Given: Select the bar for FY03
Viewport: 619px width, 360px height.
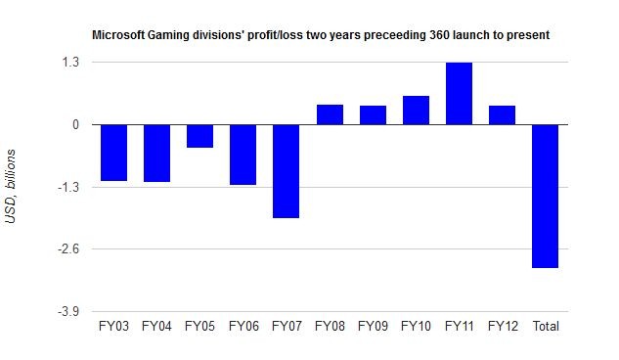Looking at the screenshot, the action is coord(114,153).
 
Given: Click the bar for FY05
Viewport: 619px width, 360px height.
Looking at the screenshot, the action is coord(200,136).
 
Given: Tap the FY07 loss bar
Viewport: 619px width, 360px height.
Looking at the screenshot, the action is coord(287,171).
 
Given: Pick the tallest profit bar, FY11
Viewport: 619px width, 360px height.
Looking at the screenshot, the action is coord(460,94).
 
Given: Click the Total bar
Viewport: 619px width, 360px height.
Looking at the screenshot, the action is coord(546,197).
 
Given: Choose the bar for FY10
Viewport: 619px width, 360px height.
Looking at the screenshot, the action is coord(416,111).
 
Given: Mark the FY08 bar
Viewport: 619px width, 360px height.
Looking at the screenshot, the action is coord(330,114).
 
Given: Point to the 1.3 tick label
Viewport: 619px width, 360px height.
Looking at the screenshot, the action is coord(70,62).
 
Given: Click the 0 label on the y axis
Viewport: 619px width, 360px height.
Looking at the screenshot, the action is coord(76,125).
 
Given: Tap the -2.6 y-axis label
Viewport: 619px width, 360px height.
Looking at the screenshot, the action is coord(68,249).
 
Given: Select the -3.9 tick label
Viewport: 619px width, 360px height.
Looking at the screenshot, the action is coord(68,311).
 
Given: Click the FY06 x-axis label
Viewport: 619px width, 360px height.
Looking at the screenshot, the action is coord(243,326).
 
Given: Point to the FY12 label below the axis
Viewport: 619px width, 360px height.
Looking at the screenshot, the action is coord(503,326).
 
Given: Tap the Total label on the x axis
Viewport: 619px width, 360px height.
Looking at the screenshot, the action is coord(546,326).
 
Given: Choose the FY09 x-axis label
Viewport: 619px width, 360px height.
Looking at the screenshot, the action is coord(373,326).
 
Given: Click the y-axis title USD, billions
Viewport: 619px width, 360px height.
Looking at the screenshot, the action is coord(11,186).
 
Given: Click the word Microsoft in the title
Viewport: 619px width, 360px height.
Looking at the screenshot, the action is coord(118,35).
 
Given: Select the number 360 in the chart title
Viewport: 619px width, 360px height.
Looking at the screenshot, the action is coord(439,35).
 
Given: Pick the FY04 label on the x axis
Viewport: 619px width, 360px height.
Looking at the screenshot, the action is coord(156,326).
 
